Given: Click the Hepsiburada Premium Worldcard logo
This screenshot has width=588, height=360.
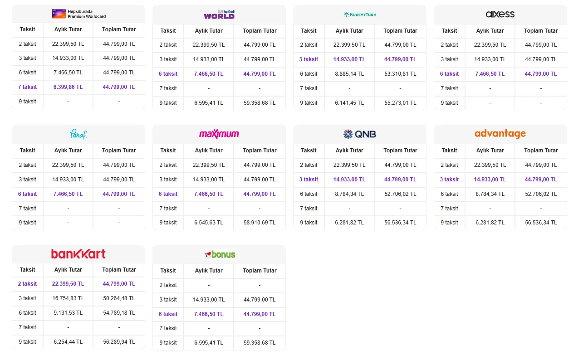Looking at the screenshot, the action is [79, 14].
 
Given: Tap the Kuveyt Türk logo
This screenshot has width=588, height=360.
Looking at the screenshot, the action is [360, 15].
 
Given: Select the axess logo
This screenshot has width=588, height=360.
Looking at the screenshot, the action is [500, 14].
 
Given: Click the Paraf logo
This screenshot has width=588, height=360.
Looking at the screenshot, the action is [78, 134].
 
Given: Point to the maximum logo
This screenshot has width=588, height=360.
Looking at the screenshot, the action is [219, 134].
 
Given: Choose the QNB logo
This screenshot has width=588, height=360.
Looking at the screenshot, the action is [360, 134].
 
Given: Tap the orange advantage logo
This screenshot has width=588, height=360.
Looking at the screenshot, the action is [500, 134].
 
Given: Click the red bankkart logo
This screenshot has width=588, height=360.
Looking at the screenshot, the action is [78, 254].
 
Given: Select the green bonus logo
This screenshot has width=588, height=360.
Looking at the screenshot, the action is [220, 254].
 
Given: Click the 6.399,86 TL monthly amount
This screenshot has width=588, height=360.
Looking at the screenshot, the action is [68, 87].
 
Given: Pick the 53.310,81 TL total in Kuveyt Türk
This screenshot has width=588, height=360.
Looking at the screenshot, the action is [400, 74].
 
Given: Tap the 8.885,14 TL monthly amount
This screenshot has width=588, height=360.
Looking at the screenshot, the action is [349, 74].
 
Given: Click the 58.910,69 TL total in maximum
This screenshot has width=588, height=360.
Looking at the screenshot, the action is [260, 223].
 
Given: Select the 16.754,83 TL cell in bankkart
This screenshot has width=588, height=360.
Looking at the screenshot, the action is [68, 298].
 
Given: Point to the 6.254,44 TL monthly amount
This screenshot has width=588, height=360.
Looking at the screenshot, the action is [68, 342].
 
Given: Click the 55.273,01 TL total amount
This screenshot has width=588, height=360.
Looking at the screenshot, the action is [400, 103].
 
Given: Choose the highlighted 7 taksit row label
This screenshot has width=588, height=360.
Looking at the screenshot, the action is [27, 87].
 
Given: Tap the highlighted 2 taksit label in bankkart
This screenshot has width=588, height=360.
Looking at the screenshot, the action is [27, 284].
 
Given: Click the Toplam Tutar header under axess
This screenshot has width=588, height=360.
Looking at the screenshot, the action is [541, 31].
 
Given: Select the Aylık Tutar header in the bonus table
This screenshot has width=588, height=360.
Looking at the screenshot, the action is [209, 271].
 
